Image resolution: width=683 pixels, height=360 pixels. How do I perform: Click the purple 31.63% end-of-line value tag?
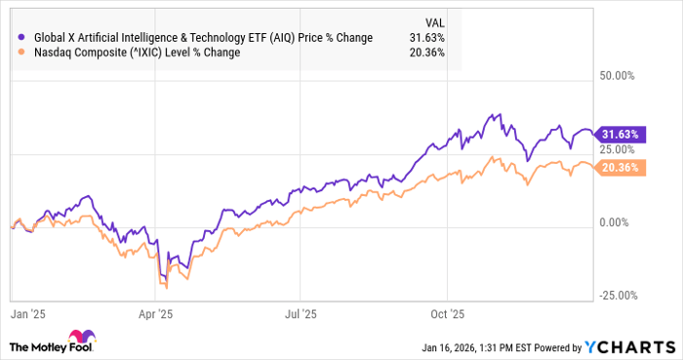point(621,135)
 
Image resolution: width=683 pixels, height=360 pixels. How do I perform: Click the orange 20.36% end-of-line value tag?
point(621,167)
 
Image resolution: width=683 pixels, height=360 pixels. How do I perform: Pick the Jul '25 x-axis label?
point(301,315)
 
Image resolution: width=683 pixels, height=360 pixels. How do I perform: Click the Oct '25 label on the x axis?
point(449,315)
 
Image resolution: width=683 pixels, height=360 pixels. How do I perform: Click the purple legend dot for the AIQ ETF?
point(21,38)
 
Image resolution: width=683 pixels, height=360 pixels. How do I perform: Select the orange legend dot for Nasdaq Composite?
point(21,53)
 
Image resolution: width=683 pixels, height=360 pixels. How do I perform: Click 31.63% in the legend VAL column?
point(428,38)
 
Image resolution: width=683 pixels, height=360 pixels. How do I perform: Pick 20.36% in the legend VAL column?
point(428,53)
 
